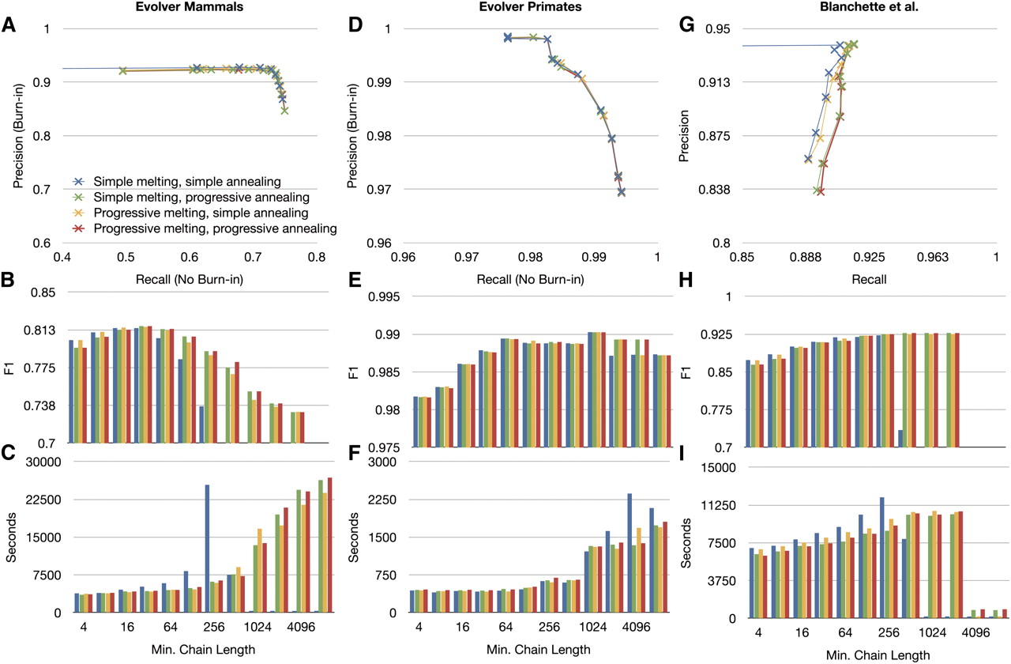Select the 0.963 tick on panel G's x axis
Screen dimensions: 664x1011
(x=933, y=258)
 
